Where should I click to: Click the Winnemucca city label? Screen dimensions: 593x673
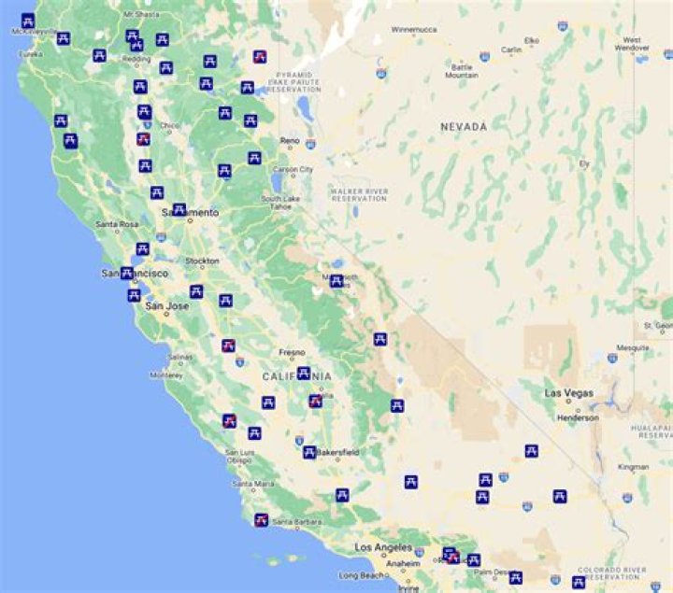[x=414, y=30]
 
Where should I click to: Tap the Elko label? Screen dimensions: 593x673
[x=532, y=40]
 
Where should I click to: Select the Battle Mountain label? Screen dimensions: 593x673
[x=463, y=71]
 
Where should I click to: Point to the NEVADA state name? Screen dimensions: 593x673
[x=464, y=126]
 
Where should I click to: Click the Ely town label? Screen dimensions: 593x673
[x=585, y=163]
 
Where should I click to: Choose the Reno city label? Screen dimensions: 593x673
[x=290, y=141]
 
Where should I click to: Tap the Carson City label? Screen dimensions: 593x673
[x=292, y=169]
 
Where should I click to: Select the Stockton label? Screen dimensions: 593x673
[x=202, y=261]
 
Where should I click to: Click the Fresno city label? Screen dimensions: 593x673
[x=292, y=353]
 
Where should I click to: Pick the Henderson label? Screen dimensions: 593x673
[x=580, y=417]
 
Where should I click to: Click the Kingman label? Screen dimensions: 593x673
[x=633, y=466]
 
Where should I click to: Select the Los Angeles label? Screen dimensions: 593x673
[x=383, y=548]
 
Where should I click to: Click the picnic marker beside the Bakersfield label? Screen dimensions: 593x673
[x=308, y=453]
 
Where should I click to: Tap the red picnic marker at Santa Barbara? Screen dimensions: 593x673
[x=262, y=519]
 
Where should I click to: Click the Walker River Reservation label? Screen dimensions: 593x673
[x=358, y=194]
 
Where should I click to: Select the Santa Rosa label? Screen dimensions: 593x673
[x=117, y=225]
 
